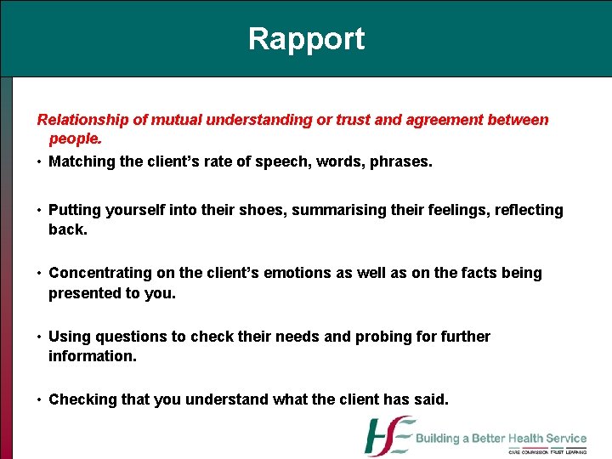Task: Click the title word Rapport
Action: (x=306, y=39)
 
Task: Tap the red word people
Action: (x=75, y=138)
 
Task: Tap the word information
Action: (x=92, y=355)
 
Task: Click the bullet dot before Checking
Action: (x=40, y=399)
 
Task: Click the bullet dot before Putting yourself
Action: (x=40, y=210)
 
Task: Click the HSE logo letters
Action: (x=389, y=436)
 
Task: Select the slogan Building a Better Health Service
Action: (x=501, y=439)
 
